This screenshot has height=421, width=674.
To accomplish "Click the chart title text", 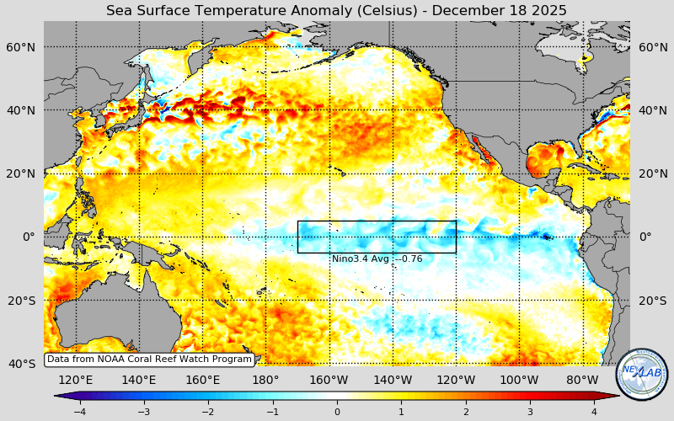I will (336, 10).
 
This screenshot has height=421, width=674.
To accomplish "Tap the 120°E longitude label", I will (76, 380).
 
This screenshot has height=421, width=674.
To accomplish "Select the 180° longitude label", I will (265, 380).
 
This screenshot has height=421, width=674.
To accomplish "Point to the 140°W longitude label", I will (393, 380).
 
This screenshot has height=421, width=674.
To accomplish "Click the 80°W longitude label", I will (582, 380).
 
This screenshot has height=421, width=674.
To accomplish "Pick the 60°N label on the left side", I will (21, 47).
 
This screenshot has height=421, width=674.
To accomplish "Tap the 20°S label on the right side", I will (653, 301).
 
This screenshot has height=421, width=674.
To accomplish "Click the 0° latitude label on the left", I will (29, 237).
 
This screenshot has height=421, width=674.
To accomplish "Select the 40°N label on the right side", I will (653, 110).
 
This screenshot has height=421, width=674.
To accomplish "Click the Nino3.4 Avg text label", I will (377, 258).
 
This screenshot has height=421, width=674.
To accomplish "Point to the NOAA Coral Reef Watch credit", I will (149, 360).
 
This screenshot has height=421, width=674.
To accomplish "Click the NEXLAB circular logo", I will (642, 375).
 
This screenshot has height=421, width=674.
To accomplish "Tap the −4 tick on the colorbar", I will (79, 412).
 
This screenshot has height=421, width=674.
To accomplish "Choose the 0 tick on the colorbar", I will (337, 412).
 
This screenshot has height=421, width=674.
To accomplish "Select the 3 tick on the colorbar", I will (530, 412).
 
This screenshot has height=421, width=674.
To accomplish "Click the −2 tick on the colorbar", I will (208, 412).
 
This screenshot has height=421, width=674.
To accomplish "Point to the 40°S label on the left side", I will (21, 364).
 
